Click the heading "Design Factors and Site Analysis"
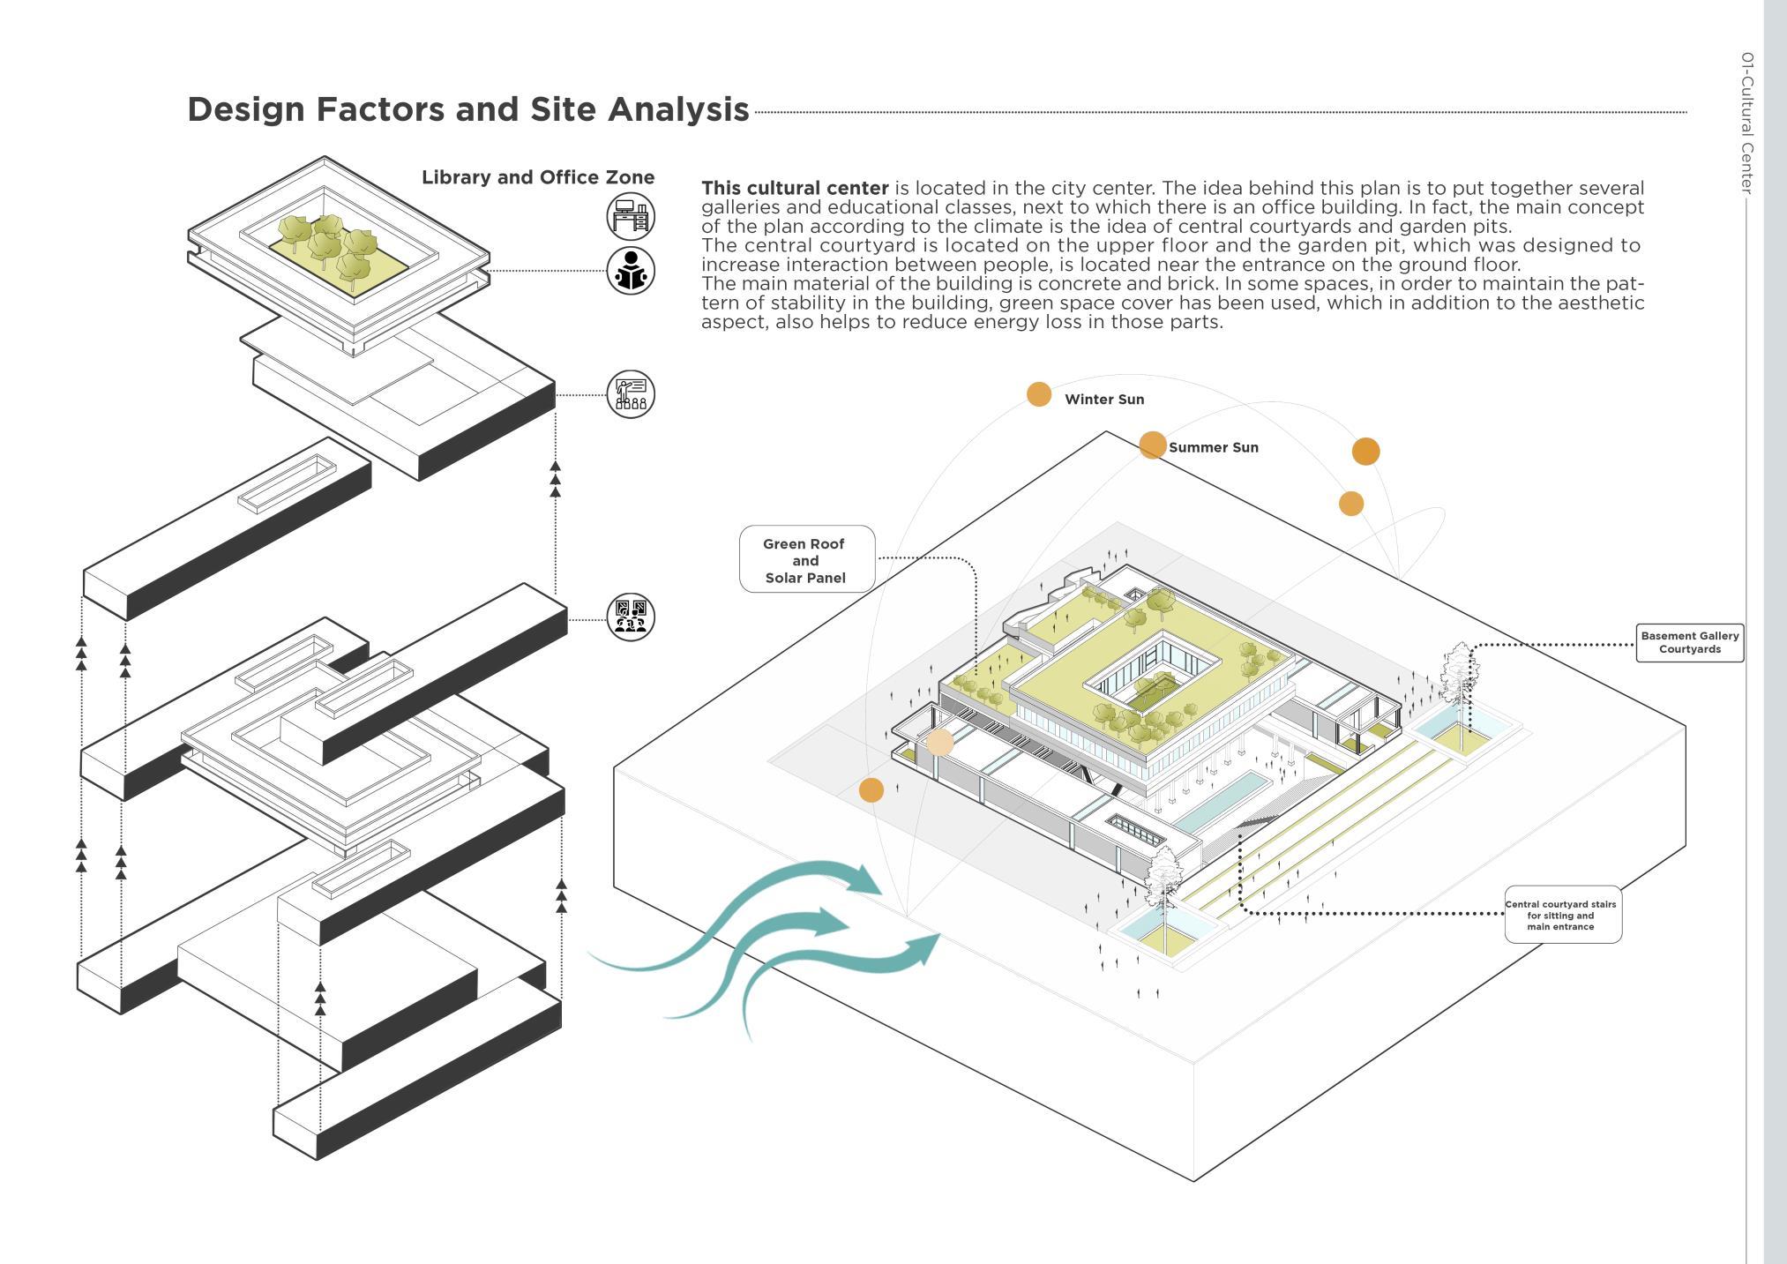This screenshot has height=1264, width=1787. pos(467,109)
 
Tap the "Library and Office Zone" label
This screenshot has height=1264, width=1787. pos(537,177)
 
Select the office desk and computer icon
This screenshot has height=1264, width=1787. pos(631,216)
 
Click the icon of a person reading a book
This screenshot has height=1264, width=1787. pos(631,270)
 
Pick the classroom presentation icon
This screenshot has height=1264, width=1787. pos(631,393)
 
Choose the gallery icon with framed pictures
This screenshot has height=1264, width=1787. pos(631,617)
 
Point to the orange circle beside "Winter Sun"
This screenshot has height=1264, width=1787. pos(1039,394)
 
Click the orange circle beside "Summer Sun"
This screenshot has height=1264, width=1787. pos(1152,445)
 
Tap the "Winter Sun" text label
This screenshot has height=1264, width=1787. pos(1104,400)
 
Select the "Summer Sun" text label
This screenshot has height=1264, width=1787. pos(1213,448)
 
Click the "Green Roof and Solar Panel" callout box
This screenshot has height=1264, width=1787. pos(806,560)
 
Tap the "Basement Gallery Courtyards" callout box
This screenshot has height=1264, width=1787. pos(1689,642)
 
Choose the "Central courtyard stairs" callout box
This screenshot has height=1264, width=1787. pos(1561,915)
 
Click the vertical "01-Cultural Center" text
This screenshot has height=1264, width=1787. pos(1746,123)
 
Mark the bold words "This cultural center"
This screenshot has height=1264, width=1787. pos(795,189)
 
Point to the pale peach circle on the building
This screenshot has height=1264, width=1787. pos(940,743)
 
